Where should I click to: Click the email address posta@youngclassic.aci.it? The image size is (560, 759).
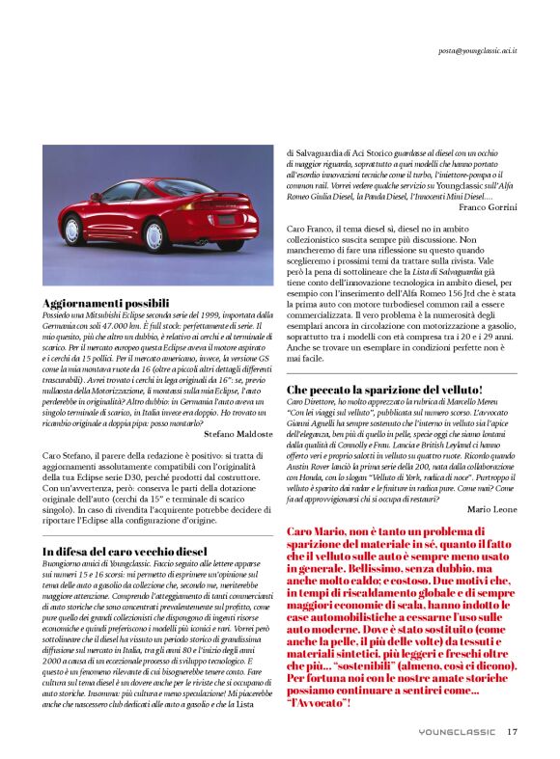477,49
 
